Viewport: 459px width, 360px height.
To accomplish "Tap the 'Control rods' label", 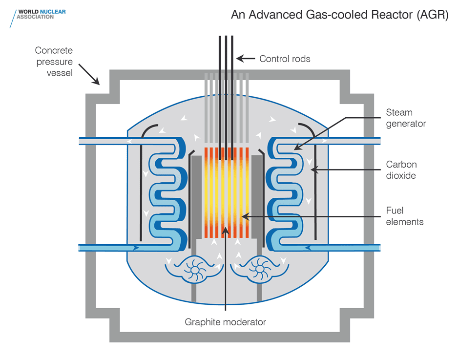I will pyautogui.click(x=285, y=59).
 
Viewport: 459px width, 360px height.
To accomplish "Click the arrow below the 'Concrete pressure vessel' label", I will pyautogui.click(x=91, y=76).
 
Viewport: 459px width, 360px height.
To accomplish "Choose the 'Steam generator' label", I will pyautogui.click(x=405, y=118).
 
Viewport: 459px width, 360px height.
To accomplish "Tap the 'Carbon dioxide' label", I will pyautogui.click(x=401, y=169).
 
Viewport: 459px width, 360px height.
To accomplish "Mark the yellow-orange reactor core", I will pyautogui.click(x=225, y=191).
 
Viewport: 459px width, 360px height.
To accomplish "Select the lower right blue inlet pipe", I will pyautogui.click(x=342, y=248).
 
